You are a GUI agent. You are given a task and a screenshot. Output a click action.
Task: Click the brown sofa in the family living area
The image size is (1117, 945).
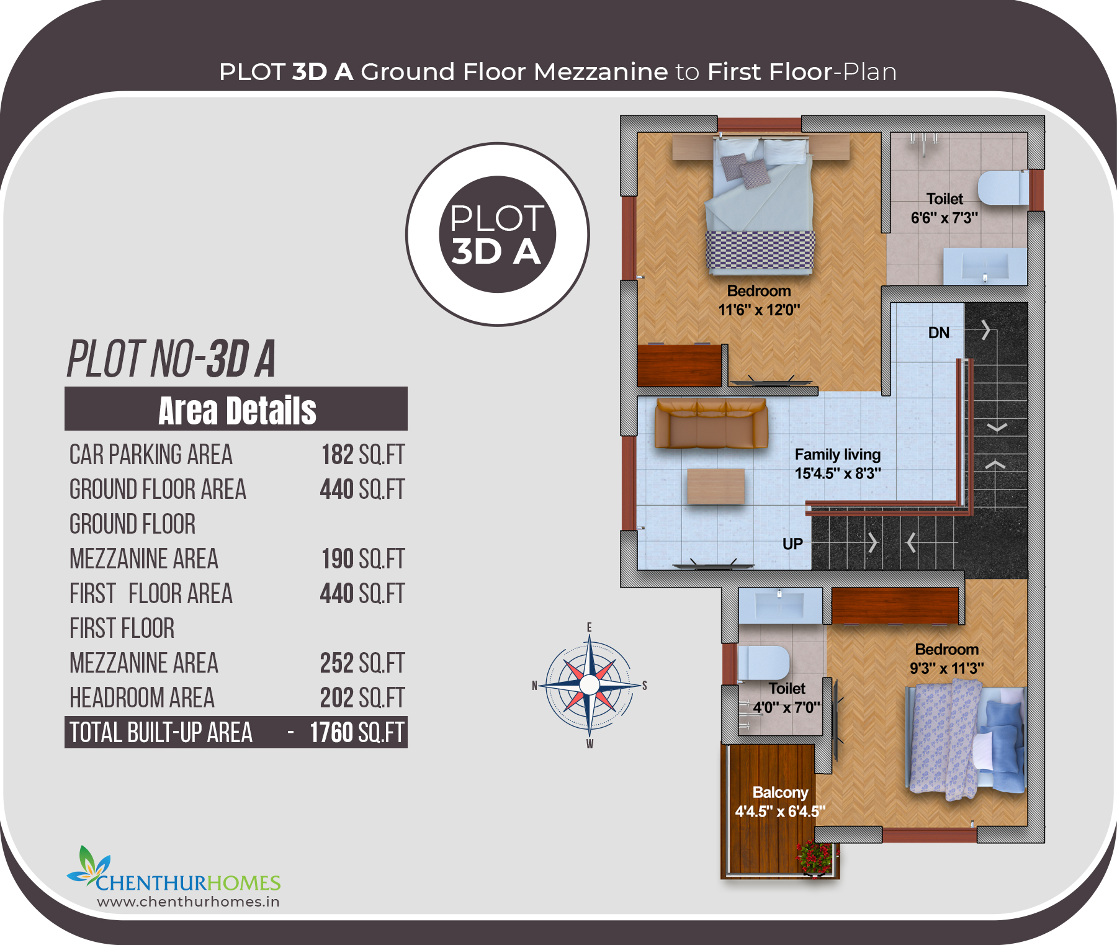pos(711,424)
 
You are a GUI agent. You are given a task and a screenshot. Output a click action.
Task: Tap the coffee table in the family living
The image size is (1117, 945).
pos(716,486)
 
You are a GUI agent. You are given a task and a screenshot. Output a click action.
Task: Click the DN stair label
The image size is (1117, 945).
pos(939,333)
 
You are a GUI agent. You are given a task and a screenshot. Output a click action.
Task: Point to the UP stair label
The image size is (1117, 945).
pos(792,544)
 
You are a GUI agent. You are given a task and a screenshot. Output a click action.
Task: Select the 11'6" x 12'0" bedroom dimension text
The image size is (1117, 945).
pos(759,310)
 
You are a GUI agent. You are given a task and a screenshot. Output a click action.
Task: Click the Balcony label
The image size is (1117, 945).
pos(780,792)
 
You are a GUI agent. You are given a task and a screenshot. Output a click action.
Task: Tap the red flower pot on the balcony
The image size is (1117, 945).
pos(815,858)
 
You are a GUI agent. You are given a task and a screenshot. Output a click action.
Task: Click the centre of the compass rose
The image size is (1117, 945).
pos(590,685)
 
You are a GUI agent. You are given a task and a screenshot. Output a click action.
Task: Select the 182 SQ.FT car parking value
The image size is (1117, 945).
pos(362,455)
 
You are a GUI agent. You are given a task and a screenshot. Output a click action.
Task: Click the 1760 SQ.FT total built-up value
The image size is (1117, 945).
pos(357,733)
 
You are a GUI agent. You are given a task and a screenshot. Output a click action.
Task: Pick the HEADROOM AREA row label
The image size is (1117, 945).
pos(142,698)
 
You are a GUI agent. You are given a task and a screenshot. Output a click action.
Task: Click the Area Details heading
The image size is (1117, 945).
pos(237,410)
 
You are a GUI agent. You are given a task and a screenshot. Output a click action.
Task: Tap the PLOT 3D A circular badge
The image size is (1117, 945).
pos(497,235)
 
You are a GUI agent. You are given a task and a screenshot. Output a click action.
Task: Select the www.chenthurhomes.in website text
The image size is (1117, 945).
pos(188,902)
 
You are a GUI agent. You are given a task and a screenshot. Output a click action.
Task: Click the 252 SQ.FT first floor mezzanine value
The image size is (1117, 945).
pos(362,663)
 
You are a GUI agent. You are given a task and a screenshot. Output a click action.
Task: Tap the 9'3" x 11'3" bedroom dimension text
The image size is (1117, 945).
pos(947,668)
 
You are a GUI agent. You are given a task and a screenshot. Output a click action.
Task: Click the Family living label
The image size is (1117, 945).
pos(838,454)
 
